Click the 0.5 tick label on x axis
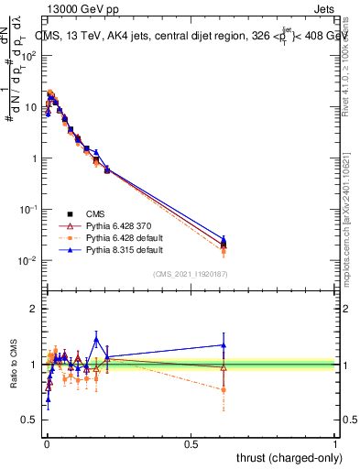click(x=191, y=444)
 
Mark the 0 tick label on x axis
click(x=46, y=444)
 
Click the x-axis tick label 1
click(x=335, y=444)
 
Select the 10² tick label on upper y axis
click(x=29, y=56)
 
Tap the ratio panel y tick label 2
click(x=35, y=309)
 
